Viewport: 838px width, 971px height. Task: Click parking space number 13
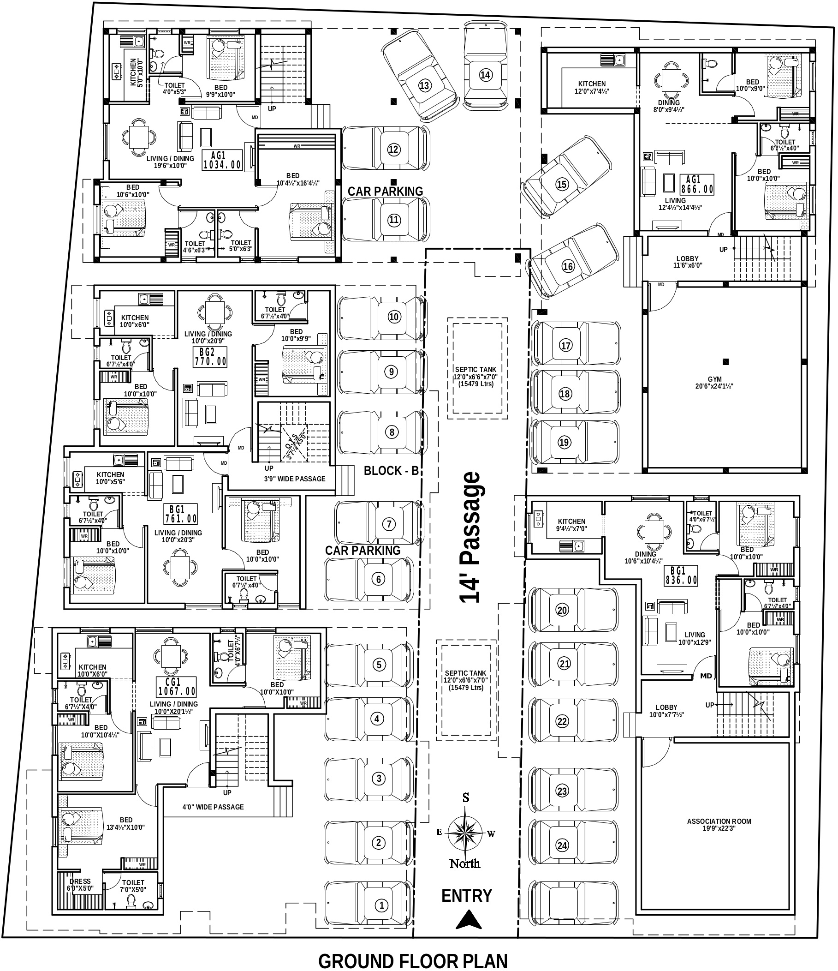(424, 86)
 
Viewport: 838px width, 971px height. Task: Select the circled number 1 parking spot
(381, 905)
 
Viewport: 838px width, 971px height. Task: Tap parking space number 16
(567, 267)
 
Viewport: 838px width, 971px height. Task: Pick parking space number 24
(562, 845)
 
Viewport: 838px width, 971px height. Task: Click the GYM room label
(714, 383)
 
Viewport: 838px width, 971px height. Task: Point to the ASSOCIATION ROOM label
(719, 824)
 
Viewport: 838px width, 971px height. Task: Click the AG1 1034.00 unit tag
(222, 160)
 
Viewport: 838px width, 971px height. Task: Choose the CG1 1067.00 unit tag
(177, 687)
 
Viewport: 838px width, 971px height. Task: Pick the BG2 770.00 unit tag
(210, 356)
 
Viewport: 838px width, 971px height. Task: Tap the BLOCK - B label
(391, 471)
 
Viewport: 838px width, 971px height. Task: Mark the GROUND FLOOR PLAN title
(413, 961)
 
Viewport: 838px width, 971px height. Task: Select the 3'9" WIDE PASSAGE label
(294, 479)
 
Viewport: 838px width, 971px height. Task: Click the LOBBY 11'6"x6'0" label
(687, 262)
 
